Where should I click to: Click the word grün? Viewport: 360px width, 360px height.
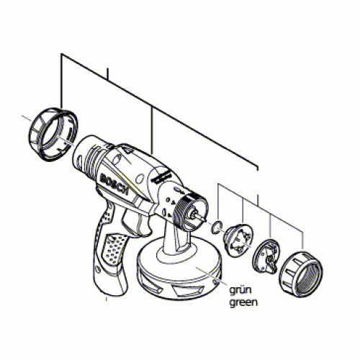pos(240,289)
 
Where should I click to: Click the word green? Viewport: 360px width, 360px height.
pos(243,302)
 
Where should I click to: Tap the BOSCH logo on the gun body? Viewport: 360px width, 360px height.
pos(114,184)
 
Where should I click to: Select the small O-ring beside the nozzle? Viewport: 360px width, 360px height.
pos(217,227)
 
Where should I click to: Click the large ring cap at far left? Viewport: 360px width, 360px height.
pos(53,135)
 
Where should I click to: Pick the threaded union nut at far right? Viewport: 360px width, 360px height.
pos(301,274)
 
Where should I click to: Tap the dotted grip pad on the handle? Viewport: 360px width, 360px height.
pos(113,249)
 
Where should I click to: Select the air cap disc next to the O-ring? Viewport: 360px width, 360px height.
pos(238,240)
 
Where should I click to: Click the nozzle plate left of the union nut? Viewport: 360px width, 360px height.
pos(266,257)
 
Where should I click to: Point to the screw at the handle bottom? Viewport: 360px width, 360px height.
pos(98,269)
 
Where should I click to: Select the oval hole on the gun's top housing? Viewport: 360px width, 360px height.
pos(117,160)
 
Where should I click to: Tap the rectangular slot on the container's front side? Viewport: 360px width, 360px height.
pos(183,290)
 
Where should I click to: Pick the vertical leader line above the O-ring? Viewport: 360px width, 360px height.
pos(218,201)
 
